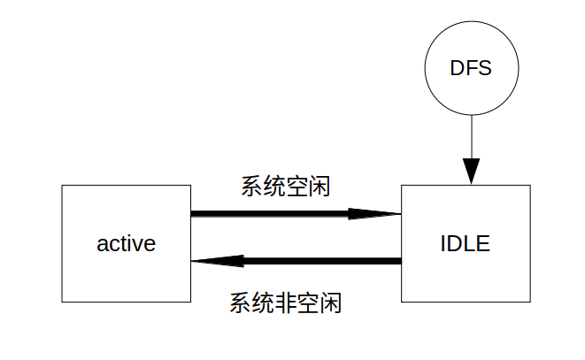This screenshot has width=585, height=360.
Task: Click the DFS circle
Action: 471,69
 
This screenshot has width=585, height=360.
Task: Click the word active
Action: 126,243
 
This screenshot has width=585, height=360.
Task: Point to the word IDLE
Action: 466,243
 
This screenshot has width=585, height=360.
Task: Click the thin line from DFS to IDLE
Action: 471,136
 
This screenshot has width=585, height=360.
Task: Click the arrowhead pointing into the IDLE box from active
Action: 375,213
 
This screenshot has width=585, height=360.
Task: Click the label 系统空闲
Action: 285,187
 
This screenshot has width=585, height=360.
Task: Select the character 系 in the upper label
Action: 251,187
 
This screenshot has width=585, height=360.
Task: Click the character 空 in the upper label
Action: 296,187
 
